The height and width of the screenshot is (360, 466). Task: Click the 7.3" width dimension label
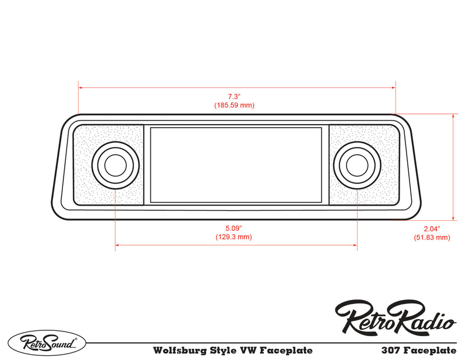234,96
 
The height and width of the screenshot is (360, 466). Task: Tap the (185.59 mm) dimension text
234,105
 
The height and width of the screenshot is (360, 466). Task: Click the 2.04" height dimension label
432,228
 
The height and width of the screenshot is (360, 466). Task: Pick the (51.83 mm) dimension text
432,238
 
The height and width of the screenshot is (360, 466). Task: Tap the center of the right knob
356,165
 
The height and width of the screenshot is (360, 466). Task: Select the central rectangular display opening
236,165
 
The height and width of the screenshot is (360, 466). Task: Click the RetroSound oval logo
46,342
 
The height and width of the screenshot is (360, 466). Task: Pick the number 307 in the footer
389,351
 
